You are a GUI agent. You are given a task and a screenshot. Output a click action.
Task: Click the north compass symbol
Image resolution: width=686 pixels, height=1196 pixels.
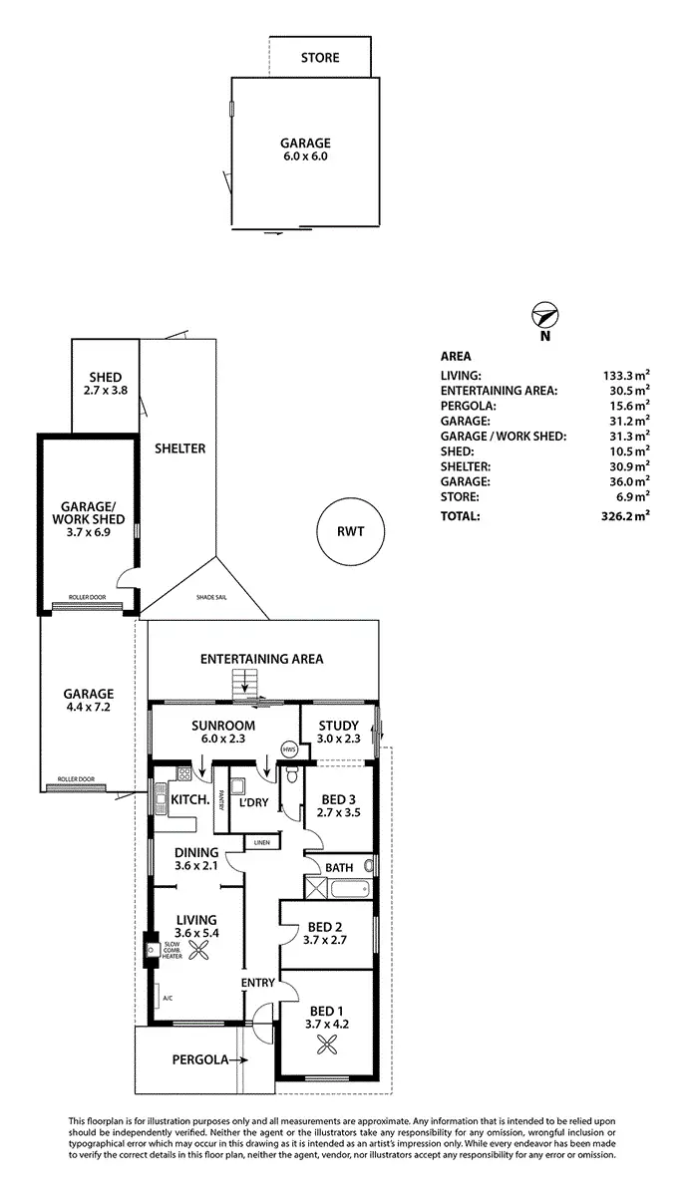[x=544, y=316]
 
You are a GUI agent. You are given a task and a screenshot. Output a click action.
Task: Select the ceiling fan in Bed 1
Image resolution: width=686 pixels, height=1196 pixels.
[x=326, y=1045]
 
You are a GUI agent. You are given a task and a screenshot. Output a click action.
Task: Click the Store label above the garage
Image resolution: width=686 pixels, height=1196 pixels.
[x=320, y=58]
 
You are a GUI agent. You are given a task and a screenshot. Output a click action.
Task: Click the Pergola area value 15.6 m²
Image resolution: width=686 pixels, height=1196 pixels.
[x=626, y=405]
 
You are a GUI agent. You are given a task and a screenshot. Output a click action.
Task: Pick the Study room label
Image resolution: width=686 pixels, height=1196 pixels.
[x=337, y=726]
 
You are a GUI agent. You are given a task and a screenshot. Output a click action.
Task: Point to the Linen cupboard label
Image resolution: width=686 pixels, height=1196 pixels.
[x=261, y=843]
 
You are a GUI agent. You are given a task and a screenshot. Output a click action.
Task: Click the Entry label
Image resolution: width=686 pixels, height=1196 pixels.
[x=257, y=983]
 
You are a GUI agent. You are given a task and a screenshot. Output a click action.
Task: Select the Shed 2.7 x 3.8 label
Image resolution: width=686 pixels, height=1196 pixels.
[x=105, y=384]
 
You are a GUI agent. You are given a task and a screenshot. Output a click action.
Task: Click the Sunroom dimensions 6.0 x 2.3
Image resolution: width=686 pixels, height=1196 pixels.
[x=223, y=740]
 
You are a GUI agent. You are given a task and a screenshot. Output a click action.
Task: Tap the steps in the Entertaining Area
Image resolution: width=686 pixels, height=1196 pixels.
[x=244, y=686]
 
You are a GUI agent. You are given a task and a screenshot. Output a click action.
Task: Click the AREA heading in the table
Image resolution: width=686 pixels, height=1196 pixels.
[x=456, y=356]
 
